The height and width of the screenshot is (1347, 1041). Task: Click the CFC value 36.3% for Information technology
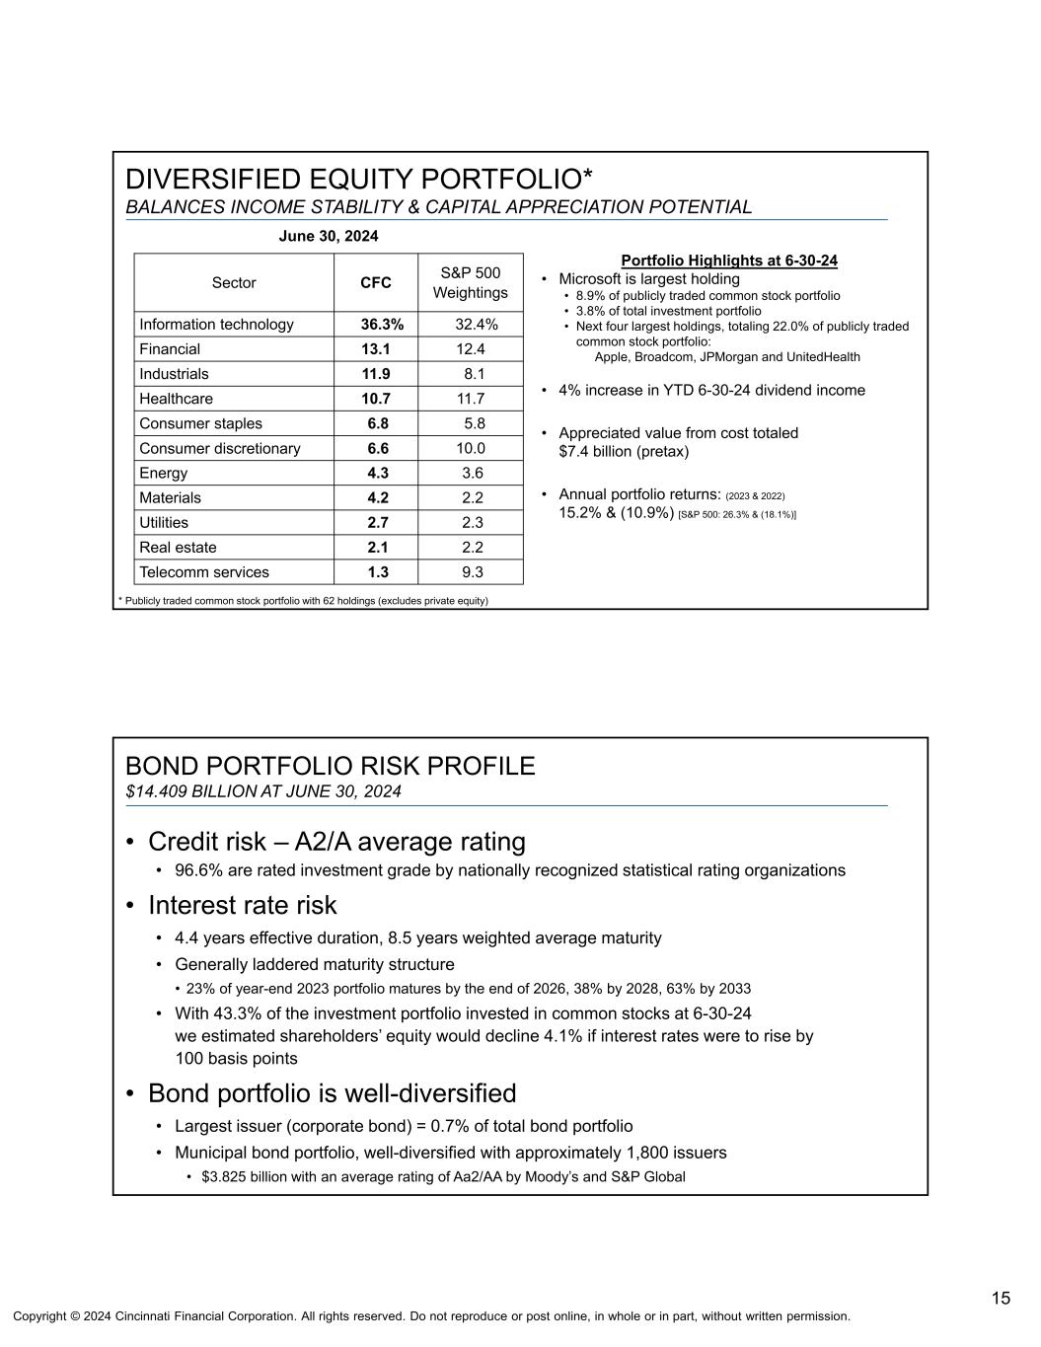376,325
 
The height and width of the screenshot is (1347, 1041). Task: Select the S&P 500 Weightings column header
470,283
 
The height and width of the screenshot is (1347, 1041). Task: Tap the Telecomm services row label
204,572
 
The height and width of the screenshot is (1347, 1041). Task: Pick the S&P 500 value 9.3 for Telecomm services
473,572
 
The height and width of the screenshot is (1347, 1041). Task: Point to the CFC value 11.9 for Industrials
376,374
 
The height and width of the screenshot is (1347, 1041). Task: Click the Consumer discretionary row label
220,449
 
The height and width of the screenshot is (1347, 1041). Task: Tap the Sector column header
234,283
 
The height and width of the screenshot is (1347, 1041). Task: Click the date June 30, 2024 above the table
329,237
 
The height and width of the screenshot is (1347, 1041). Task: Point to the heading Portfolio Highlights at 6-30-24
729,261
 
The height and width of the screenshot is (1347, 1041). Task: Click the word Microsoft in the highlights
592,279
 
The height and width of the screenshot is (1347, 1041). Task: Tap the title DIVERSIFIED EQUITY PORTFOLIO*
359,180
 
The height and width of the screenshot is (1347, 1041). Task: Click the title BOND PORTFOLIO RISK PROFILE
331,766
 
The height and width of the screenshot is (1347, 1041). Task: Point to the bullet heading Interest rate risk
242,905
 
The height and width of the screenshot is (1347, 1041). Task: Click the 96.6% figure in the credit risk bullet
197,870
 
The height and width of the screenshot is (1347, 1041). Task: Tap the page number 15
1001,1299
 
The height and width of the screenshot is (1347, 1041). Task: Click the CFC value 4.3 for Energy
377,474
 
